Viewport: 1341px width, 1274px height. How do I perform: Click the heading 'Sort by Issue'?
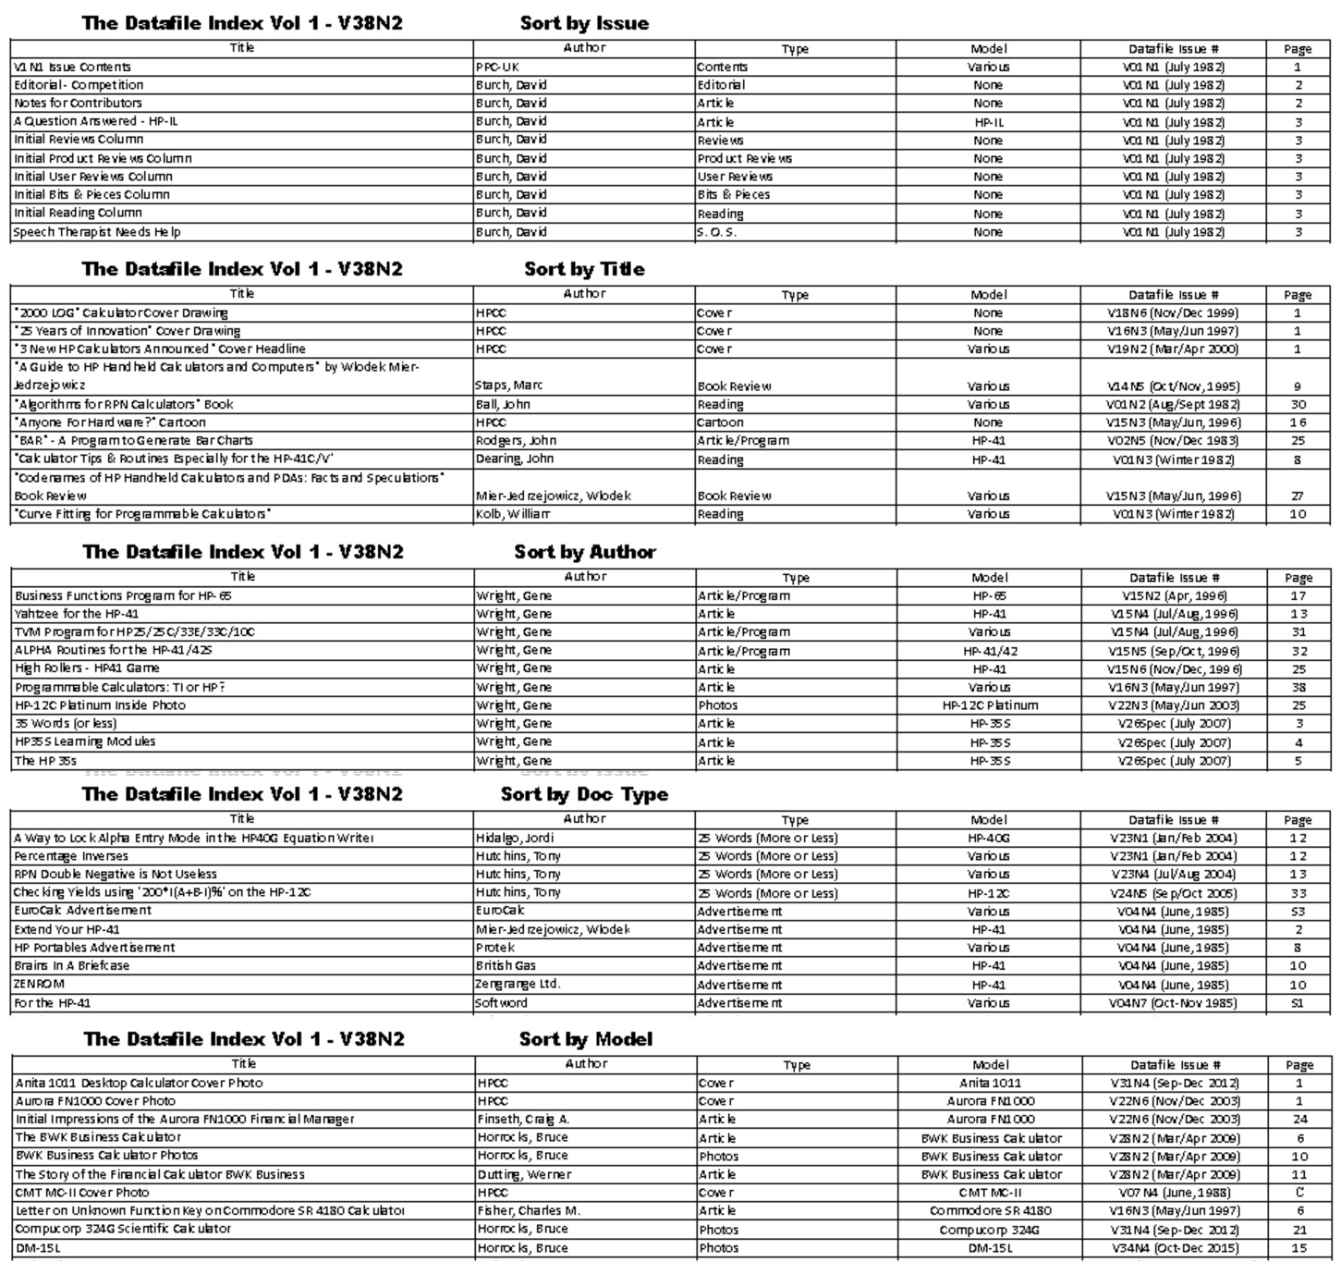pos(584,23)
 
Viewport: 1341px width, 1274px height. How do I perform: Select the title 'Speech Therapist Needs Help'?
pos(97,232)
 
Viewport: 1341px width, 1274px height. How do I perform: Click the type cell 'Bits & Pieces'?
pos(734,195)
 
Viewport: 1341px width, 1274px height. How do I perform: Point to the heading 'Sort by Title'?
pos(584,269)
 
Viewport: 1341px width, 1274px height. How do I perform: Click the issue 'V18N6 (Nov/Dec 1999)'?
pos(1173,312)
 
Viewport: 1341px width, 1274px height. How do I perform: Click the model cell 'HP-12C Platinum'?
pos(990,705)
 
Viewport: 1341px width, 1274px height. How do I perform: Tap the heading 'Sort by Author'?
pos(585,552)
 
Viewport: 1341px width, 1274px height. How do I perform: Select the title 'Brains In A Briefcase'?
pos(72,966)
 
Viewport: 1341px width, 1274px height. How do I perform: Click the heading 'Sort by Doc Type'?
pos(584,794)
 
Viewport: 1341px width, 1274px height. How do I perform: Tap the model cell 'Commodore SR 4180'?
pos(990,1211)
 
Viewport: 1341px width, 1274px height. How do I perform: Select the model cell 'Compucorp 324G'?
pos(990,1231)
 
